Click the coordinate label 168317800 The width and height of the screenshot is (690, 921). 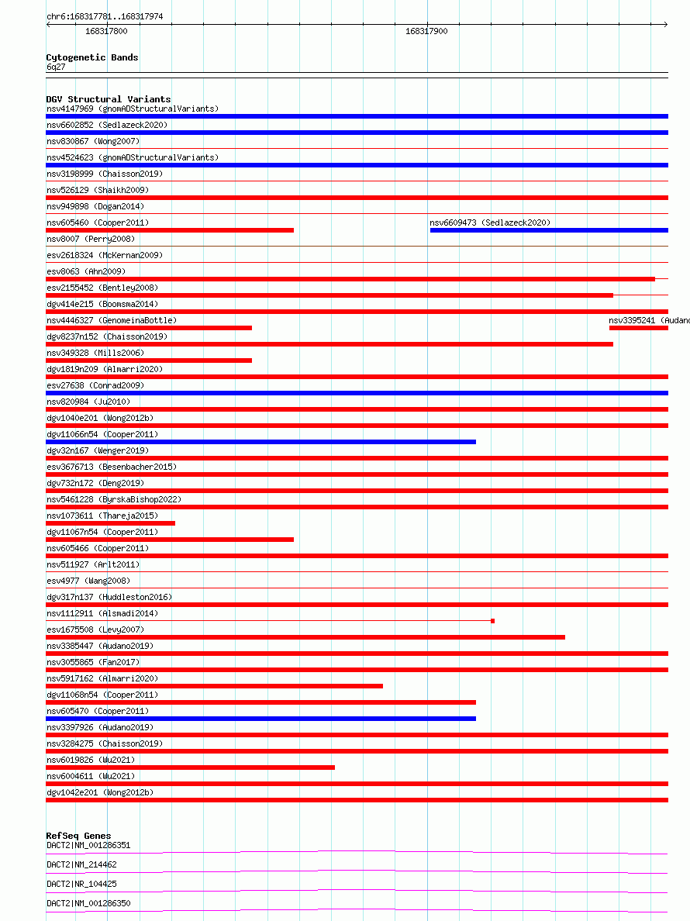coord(106,31)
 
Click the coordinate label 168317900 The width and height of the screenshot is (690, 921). coord(426,31)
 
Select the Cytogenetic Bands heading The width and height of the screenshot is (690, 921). coord(92,57)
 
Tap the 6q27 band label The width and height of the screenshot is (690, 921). coord(56,67)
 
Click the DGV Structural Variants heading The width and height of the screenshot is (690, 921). coord(109,99)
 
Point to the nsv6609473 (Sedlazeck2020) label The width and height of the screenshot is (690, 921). coord(490,222)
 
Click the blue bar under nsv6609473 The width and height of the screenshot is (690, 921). coord(549,230)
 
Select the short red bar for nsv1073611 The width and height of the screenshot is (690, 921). coord(110,523)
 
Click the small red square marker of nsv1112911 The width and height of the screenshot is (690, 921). coord(492,621)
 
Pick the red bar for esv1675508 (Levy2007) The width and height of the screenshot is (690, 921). coord(305,637)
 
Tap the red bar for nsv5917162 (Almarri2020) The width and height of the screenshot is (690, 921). coord(214,686)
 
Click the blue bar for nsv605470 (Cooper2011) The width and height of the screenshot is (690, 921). coord(260,719)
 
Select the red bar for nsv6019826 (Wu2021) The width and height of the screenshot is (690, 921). coord(190,767)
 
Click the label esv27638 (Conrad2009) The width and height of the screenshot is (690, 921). coord(95,385)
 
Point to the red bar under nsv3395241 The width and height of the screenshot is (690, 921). coord(638,328)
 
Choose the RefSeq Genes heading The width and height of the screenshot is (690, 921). coord(78,836)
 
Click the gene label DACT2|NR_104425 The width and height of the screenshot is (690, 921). coord(81,884)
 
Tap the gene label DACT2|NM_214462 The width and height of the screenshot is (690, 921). coord(81,864)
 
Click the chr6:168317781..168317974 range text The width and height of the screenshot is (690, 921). coord(105,16)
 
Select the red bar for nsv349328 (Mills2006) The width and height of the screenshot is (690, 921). coord(149,360)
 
